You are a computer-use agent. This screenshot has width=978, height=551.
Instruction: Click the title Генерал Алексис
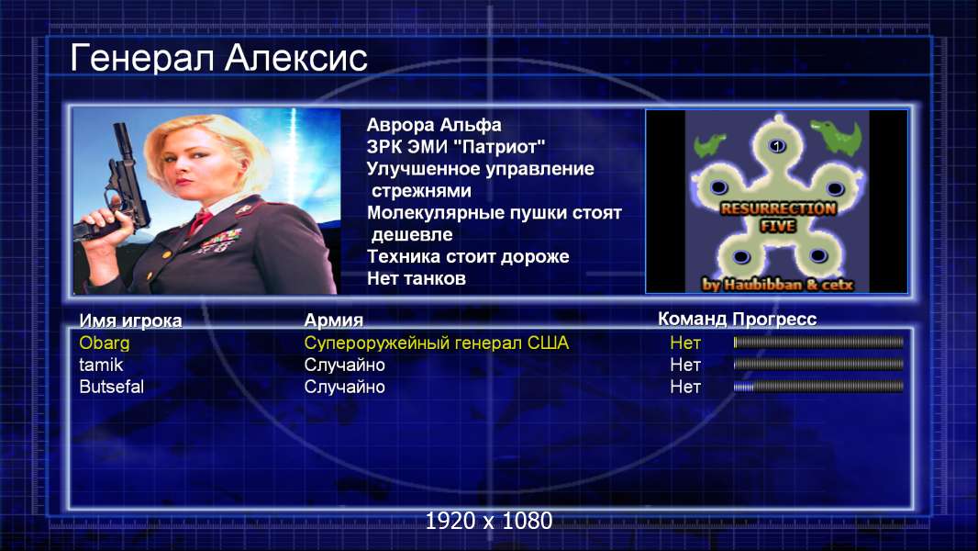(x=218, y=58)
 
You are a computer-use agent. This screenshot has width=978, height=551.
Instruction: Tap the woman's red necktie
(x=200, y=221)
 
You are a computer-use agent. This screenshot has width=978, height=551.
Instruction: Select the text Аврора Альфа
(x=433, y=125)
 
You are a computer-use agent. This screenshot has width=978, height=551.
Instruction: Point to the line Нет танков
(x=416, y=278)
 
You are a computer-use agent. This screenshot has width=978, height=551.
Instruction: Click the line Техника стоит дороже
(x=468, y=256)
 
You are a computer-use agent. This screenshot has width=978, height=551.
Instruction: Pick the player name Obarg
(x=105, y=343)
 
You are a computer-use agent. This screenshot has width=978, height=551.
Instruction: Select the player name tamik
(x=101, y=365)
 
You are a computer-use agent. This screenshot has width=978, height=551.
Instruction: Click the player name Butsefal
(x=111, y=387)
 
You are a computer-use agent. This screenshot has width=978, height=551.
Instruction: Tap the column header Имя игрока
(x=130, y=320)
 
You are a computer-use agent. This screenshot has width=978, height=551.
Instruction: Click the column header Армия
(x=333, y=320)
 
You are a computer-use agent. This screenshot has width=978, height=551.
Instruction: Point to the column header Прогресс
(x=774, y=320)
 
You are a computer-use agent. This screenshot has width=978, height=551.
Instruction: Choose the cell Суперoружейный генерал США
(x=436, y=343)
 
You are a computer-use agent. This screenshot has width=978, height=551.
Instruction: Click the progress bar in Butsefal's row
(x=818, y=387)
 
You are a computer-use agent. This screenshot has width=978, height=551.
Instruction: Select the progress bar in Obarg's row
(x=818, y=342)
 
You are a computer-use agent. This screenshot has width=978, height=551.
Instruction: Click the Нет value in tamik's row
(x=684, y=365)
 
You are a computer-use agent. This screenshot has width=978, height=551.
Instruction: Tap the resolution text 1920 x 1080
(x=488, y=521)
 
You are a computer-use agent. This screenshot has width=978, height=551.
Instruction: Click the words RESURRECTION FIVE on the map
(x=778, y=217)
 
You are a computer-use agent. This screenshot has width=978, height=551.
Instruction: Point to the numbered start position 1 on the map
(x=776, y=146)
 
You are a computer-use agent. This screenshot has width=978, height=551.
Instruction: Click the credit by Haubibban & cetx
(x=777, y=285)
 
